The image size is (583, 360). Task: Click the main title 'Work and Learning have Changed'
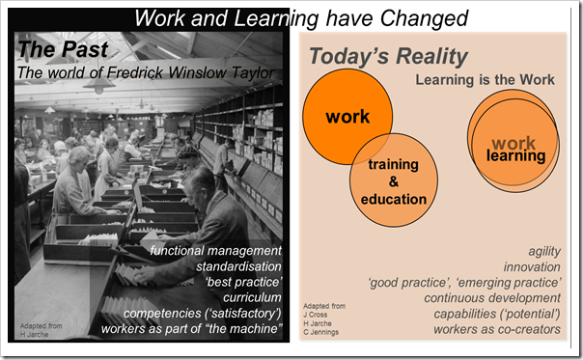300,17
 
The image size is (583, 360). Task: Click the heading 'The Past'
56,51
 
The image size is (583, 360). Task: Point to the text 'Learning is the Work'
485,80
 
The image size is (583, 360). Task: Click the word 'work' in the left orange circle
347,118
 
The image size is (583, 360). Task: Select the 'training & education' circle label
393,181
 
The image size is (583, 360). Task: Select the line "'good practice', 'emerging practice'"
464,283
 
